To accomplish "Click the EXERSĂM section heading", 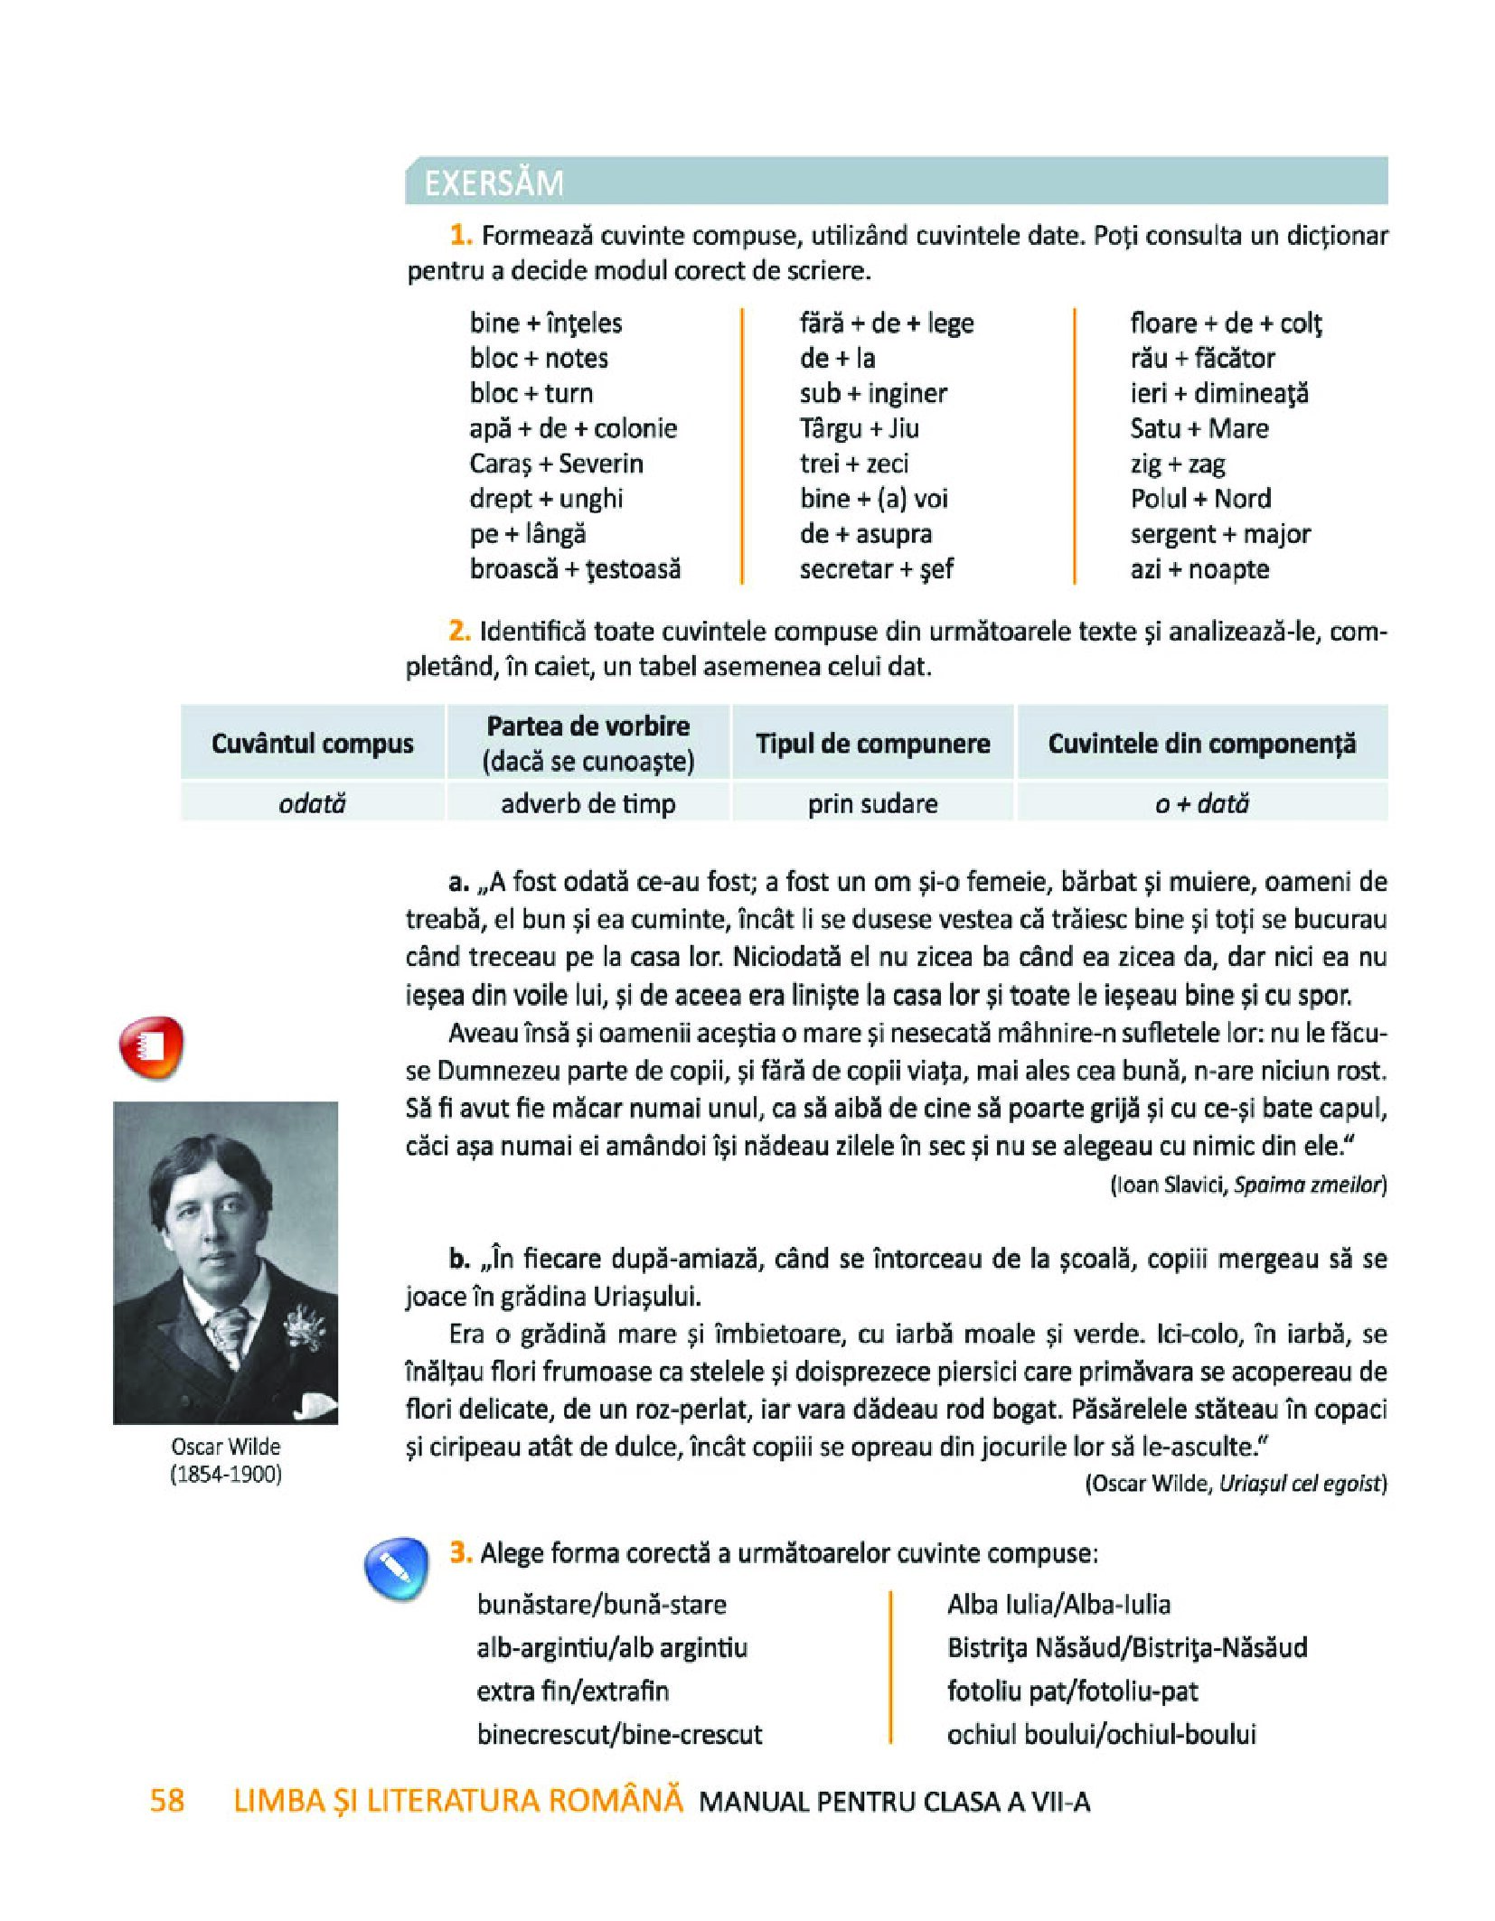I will [x=494, y=183].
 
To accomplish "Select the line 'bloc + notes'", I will [x=539, y=358].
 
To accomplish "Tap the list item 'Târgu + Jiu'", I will [x=859, y=428].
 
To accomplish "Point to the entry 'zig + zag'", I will [x=1177, y=464].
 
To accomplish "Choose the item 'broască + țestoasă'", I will [x=575, y=569].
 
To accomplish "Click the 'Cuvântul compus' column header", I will [x=312, y=744].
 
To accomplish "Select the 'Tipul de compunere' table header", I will [x=872, y=744].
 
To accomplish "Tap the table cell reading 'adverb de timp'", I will [x=588, y=803].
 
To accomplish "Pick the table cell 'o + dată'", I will [x=1201, y=803].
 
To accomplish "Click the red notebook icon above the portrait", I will [x=151, y=1047].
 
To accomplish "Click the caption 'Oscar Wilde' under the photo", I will [x=226, y=1447].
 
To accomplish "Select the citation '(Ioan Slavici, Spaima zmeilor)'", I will [x=1247, y=1185].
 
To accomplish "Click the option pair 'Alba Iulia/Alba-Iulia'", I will [x=1058, y=1604].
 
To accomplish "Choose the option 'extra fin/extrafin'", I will [x=573, y=1691].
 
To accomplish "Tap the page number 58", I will [x=167, y=1800].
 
